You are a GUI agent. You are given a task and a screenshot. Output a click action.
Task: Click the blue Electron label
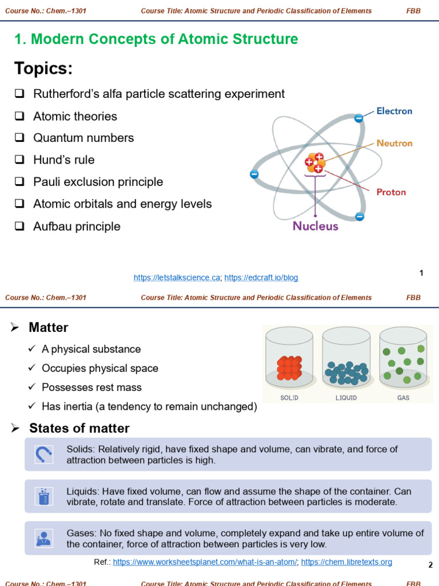(x=394, y=111)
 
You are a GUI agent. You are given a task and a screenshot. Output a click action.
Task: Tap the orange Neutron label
(x=394, y=143)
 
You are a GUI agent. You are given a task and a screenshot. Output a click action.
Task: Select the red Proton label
(x=391, y=192)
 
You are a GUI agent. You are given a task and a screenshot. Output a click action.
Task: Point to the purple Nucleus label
(x=316, y=226)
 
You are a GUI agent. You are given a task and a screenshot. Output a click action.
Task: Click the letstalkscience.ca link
(x=177, y=278)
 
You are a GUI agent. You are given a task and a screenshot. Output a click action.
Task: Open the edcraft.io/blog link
(x=261, y=278)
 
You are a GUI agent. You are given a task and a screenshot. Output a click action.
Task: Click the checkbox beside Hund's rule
(x=19, y=160)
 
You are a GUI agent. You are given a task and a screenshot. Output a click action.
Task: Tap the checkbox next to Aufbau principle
(x=19, y=227)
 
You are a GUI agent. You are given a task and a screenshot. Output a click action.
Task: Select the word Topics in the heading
(x=43, y=69)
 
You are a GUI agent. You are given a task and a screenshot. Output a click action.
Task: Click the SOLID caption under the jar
(x=289, y=398)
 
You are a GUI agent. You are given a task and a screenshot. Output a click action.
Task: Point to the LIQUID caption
(x=346, y=398)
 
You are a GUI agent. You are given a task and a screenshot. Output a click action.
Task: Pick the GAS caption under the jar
(x=404, y=398)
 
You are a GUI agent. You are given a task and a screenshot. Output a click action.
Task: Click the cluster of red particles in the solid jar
(x=289, y=368)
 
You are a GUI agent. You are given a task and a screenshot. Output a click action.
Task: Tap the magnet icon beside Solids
(x=43, y=454)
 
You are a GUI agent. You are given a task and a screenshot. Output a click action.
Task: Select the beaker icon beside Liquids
(x=43, y=496)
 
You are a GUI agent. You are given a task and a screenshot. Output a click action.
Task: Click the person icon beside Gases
(x=43, y=538)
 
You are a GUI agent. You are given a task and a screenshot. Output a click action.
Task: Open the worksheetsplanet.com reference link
(x=205, y=562)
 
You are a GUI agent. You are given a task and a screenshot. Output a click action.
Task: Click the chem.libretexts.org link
(x=346, y=562)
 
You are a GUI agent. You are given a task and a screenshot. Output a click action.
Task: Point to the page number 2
(x=430, y=565)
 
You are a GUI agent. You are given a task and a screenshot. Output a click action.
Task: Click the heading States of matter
(x=79, y=428)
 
